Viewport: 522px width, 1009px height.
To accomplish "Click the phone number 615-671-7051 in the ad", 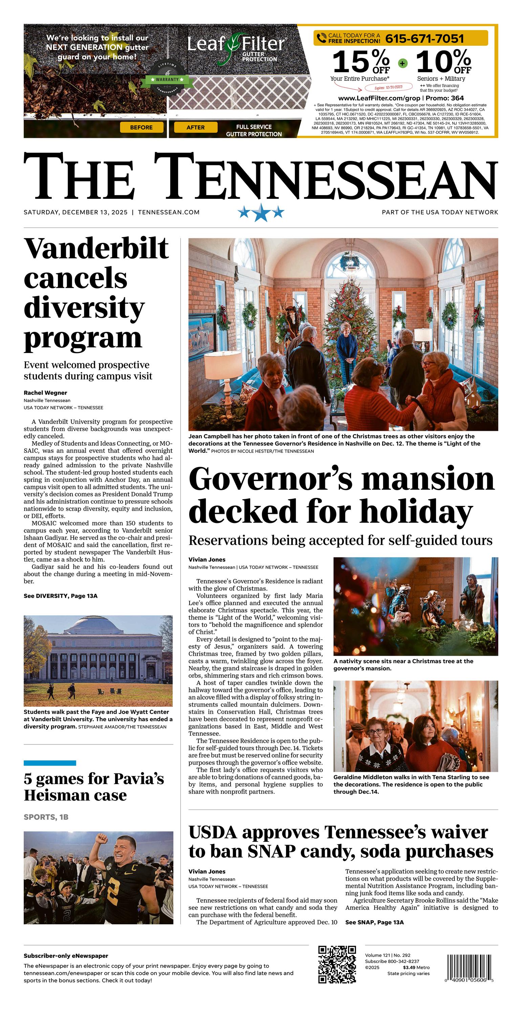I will pyautogui.click(x=425, y=39).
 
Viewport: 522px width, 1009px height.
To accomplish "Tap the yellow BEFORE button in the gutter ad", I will pyautogui.click(x=142, y=127).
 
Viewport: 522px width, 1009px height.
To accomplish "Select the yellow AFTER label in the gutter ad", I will pyautogui.click(x=195, y=127).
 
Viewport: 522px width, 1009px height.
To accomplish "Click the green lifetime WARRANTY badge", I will pyautogui.click(x=167, y=80).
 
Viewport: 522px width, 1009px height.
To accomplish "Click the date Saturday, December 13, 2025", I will pyautogui.click(x=75, y=212).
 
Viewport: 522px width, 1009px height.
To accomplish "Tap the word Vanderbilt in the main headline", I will pyautogui.click(x=96, y=248).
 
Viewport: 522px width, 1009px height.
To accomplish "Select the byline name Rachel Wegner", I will pyautogui.click(x=45, y=393).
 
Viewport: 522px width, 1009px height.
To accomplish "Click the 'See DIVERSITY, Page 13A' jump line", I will pyautogui.click(x=61, y=596).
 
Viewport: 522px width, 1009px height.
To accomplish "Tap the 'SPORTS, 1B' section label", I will pyautogui.click(x=46, y=817).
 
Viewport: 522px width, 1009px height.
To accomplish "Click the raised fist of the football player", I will pyautogui.click(x=102, y=839).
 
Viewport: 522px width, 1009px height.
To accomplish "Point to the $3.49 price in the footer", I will pyautogui.click(x=409, y=967).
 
